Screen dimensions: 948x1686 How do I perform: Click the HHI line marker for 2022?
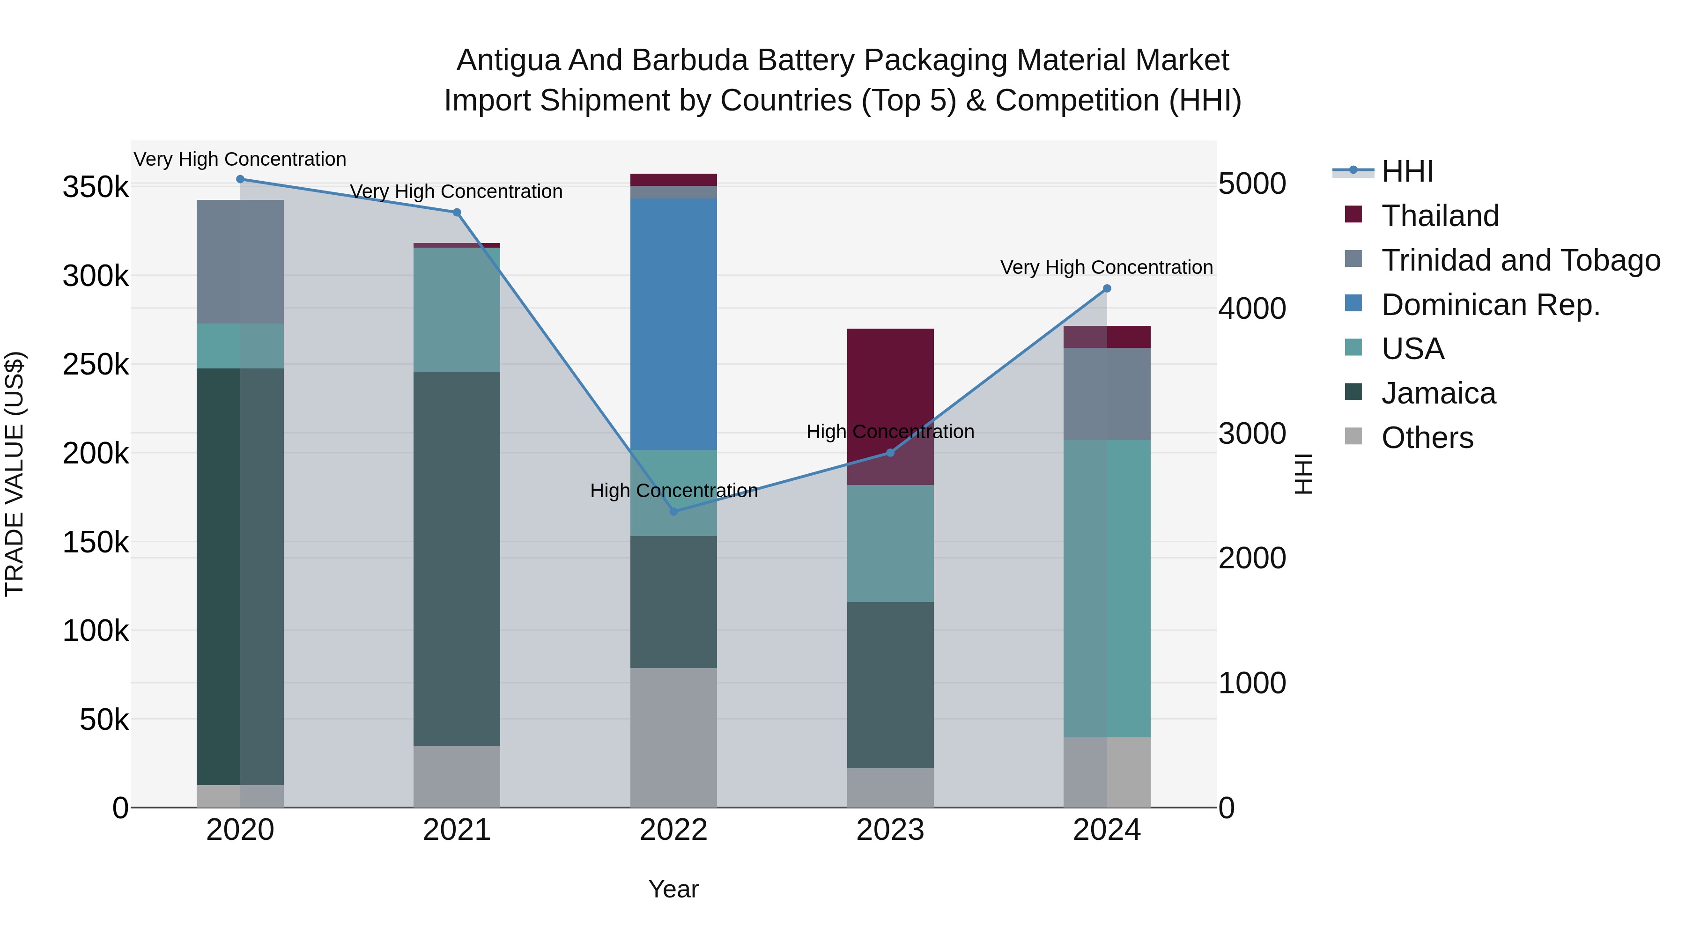point(673,512)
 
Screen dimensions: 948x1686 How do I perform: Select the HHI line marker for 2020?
point(240,179)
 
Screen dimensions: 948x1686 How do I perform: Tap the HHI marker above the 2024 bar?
point(1107,288)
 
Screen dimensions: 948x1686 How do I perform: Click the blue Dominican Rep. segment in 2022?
point(673,324)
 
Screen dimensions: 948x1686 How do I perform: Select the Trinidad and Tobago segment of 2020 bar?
point(240,262)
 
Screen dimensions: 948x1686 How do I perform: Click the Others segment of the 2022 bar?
point(673,737)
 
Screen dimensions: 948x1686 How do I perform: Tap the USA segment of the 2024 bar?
point(1107,589)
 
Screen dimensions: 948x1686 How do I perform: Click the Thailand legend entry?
point(1440,216)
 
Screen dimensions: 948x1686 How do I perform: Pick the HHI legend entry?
point(1407,171)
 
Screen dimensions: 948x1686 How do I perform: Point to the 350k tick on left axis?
point(96,188)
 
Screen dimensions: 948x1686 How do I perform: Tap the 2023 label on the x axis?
point(890,830)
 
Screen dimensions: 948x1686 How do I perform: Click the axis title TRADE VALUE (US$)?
point(15,474)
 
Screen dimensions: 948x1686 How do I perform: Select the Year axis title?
point(673,889)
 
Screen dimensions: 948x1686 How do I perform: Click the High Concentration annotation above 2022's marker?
point(673,491)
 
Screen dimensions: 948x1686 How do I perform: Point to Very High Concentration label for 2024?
point(1106,268)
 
